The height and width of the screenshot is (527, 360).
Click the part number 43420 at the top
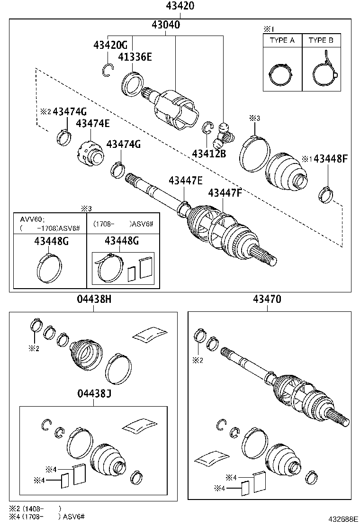(x=180, y=6)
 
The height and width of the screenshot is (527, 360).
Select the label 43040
(x=165, y=25)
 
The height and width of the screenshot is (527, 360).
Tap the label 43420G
(x=110, y=45)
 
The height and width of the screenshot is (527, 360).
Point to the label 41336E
(x=135, y=57)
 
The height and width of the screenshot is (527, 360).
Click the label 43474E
(x=92, y=124)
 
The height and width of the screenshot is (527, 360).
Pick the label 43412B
(x=209, y=154)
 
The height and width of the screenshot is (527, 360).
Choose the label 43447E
(x=185, y=181)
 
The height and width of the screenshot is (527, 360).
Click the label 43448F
(x=331, y=159)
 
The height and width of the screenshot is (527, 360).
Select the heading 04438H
(x=94, y=299)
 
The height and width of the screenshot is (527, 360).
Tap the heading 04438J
(x=94, y=394)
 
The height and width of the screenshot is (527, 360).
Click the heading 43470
(x=267, y=299)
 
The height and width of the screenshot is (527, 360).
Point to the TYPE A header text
(x=282, y=40)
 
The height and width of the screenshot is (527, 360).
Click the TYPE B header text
(x=321, y=40)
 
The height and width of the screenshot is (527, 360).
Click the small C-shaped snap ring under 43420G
(x=108, y=70)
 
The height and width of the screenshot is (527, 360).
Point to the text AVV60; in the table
(x=32, y=219)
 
